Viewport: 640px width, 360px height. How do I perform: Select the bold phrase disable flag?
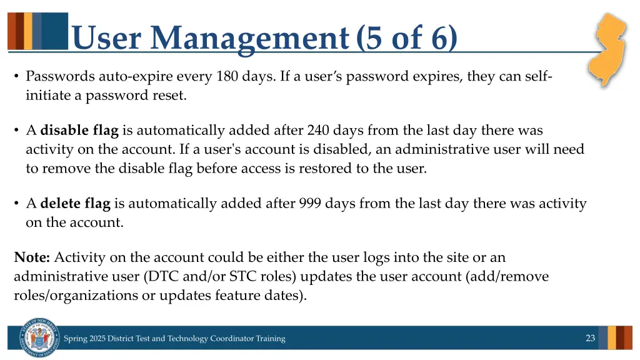(x=79, y=131)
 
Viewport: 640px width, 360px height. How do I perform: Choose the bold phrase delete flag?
(x=75, y=203)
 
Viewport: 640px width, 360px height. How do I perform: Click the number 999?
(x=311, y=203)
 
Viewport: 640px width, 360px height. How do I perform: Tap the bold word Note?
(x=32, y=257)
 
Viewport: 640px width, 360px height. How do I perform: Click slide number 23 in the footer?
(x=590, y=338)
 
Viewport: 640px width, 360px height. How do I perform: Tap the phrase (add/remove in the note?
(x=507, y=276)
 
